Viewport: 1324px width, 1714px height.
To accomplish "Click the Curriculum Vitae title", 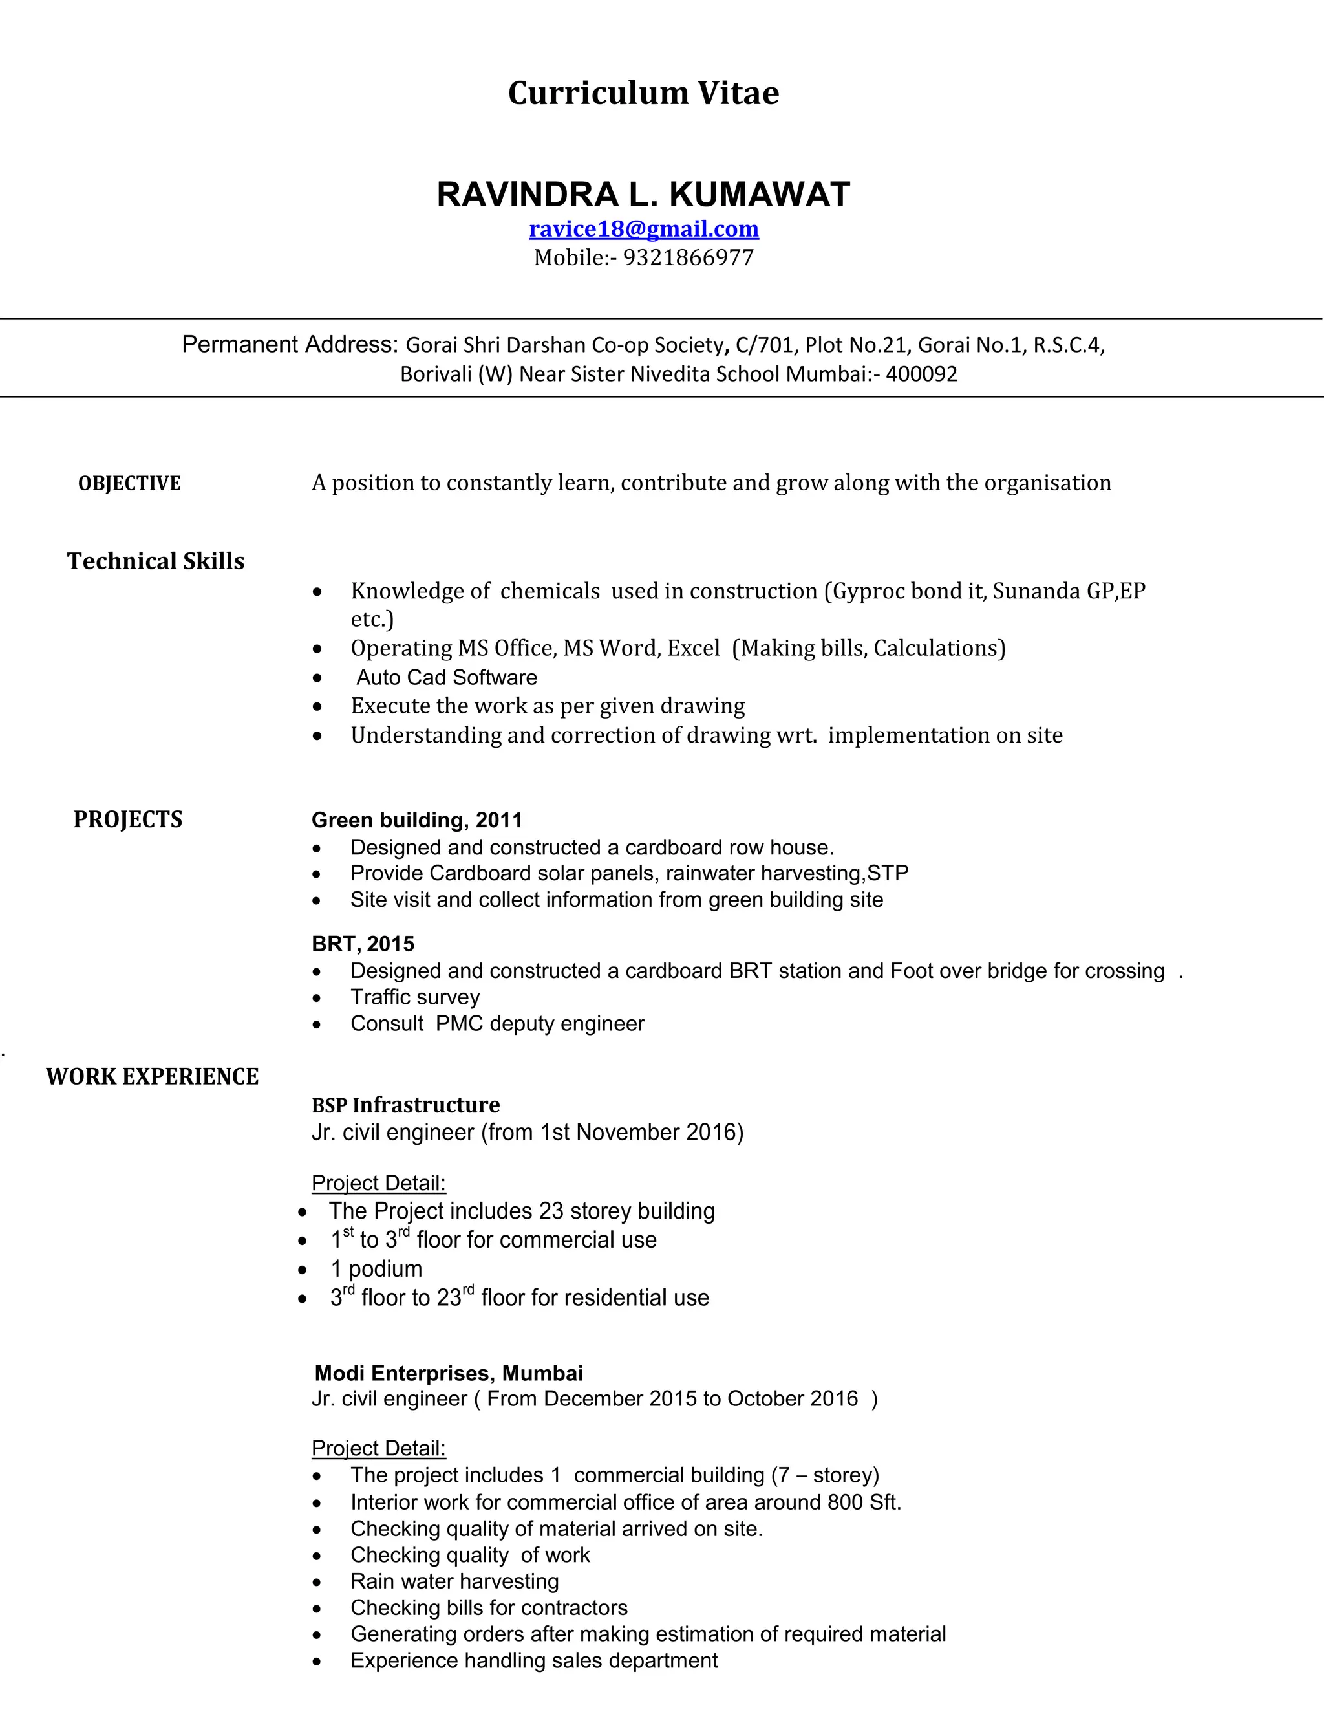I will click(x=643, y=93).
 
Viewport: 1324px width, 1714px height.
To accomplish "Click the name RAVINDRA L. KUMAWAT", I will click(x=643, y=195).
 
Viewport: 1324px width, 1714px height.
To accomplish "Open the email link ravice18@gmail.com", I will click(x=643, y=229).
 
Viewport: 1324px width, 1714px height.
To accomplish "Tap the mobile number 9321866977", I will click(x=688, y=258).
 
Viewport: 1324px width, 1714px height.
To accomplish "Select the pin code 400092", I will click(x=922, y=374).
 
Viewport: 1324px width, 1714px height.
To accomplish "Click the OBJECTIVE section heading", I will click(x=129, y=483).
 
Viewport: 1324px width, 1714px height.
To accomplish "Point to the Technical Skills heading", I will click(x=155, y=561).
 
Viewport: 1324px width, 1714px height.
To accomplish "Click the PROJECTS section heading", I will click(x=128, y=819).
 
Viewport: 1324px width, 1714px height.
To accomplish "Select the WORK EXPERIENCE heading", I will click(x=152, y=1076).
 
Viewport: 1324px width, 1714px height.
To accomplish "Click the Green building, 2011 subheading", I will click(x=416, y=820).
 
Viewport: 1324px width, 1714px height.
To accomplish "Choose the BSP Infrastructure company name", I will click(x=405, y=1105).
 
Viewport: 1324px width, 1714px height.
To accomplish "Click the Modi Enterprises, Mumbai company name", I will click(x=449, y=1373).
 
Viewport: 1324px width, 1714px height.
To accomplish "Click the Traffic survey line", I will click(x=415, y=997).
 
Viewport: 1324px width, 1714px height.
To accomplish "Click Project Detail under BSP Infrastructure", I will click(x=378, y=1183).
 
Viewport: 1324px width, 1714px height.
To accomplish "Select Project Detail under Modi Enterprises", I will click(x=378, y=1448).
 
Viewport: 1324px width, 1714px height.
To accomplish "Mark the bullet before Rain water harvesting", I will click(x=316, y=1581).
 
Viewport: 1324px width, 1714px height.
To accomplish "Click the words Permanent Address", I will click(x=290, y=345).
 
